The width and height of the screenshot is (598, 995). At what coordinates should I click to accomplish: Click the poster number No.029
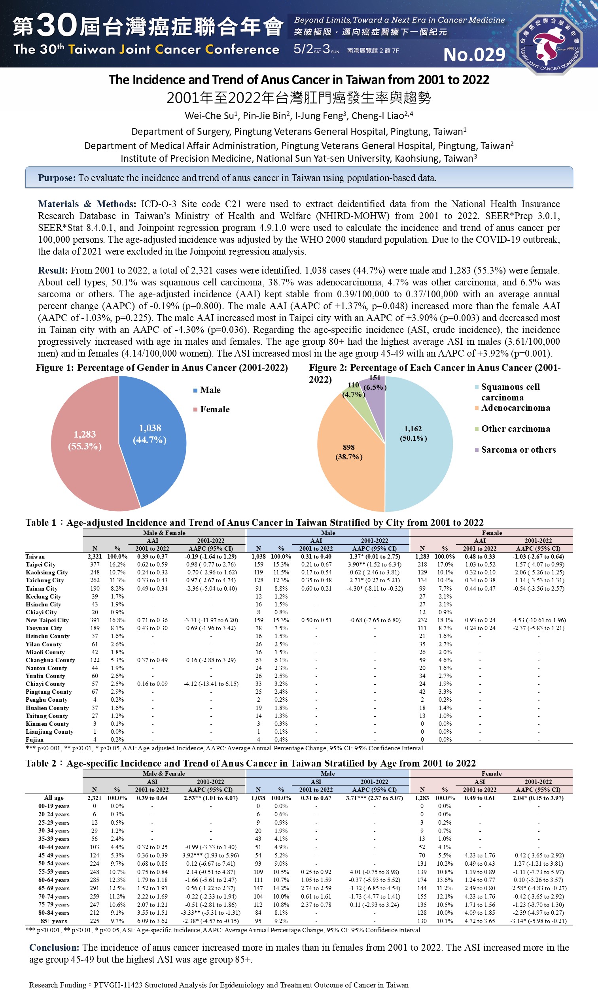point(474,55)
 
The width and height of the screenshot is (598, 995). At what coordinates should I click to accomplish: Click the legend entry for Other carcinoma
point(515,429)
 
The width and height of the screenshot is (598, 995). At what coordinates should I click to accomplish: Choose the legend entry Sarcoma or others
point(518,450)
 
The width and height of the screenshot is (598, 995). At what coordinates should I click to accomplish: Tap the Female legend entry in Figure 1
point(215,410)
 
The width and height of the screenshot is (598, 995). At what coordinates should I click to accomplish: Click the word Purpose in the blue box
point(57,178)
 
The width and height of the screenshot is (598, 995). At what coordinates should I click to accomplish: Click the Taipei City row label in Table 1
point(41,565)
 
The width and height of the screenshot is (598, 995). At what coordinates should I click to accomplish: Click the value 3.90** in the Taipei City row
point(359,565)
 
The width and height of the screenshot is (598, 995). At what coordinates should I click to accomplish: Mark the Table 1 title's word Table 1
point(41,523)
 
